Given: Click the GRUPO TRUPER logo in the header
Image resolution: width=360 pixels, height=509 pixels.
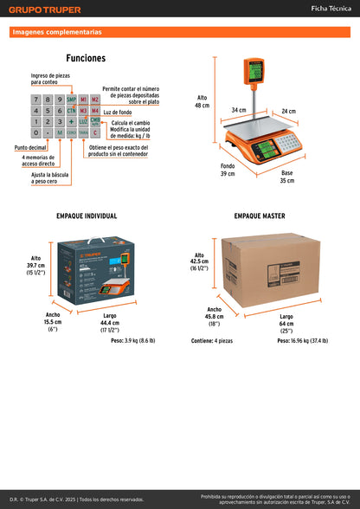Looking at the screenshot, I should tap(45, 10).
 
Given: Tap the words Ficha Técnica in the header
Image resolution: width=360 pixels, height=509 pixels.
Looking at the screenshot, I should tap(331, 9).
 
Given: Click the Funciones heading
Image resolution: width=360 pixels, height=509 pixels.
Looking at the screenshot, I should tap(86, 58).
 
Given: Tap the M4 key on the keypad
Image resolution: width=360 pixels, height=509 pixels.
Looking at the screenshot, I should tap(95, 111).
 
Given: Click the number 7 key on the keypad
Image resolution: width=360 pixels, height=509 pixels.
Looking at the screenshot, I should tap(35, 100).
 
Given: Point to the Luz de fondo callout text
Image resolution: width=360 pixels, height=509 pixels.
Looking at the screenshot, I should tap(117, 112).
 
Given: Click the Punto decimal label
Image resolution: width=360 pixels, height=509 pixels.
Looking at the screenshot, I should tap(30, 147).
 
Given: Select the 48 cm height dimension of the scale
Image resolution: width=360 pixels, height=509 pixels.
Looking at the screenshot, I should tap(202, 101).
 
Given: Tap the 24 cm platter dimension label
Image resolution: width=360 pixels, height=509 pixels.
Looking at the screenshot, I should tap(288, 111).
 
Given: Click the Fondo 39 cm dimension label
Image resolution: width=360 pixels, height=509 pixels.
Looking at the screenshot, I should tap(227, 169).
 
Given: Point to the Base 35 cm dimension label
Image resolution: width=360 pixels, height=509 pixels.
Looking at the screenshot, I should tap(286, 177).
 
